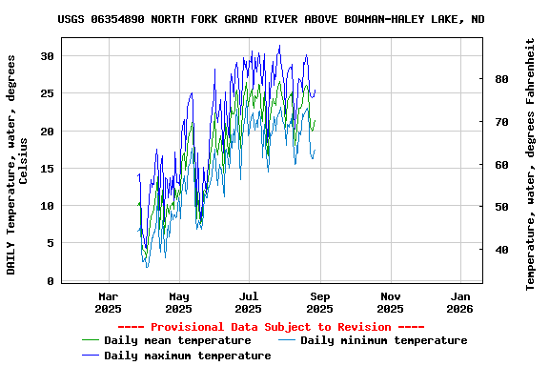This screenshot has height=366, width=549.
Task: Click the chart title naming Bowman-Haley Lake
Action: point(271,19)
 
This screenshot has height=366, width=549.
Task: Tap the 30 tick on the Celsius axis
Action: point(46,56)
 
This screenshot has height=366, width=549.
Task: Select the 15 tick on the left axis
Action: point(46,169)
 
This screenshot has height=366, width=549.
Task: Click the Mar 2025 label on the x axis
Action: point(109,302)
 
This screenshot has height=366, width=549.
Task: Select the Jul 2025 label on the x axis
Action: point(249,302)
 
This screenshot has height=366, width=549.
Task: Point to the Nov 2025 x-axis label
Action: point(390,302)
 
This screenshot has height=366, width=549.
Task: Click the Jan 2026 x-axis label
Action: point(460,302)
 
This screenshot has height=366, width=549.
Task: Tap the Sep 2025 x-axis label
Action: point(319,302)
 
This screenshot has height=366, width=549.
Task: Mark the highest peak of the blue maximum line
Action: point(279,45)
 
